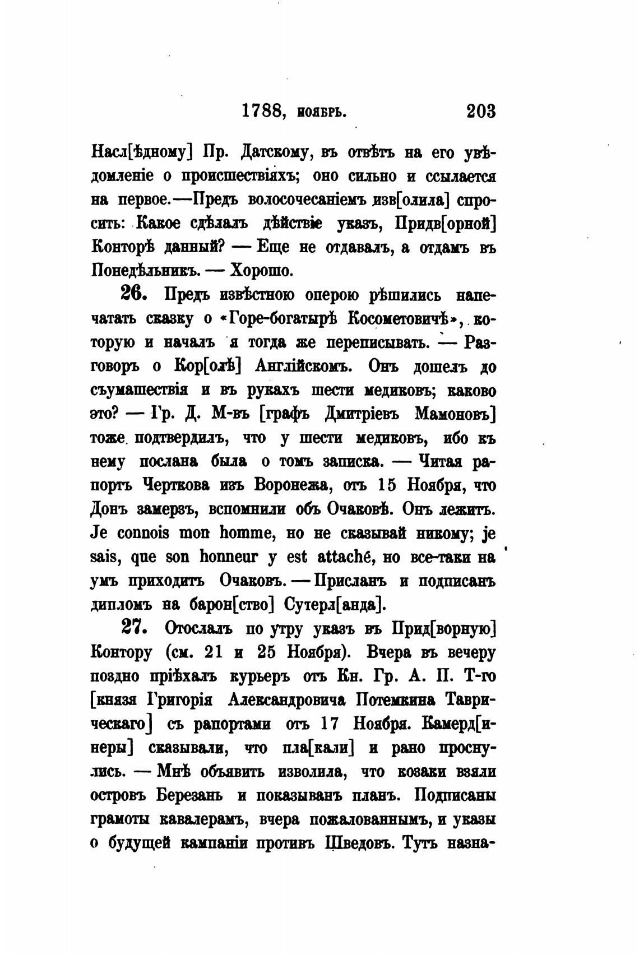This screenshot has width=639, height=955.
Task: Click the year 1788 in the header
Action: [x=261, y=112]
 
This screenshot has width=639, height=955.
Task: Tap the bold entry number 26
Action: [x=135, y=294]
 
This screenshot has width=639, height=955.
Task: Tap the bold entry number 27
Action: [x=135, y=628]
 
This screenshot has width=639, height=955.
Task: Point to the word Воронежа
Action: [x=290, y=485]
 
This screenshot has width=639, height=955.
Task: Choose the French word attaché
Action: [x=342, y=557]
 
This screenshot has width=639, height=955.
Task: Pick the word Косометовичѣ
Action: [x=399, y=319]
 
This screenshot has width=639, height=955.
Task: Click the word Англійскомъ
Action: [x=304, y=366]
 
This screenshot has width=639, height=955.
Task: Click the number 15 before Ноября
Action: [x=385, y=485]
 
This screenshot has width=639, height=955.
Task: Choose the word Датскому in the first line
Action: [x=271, y=152]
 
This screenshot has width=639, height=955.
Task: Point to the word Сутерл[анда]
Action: [x=335, y=605]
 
